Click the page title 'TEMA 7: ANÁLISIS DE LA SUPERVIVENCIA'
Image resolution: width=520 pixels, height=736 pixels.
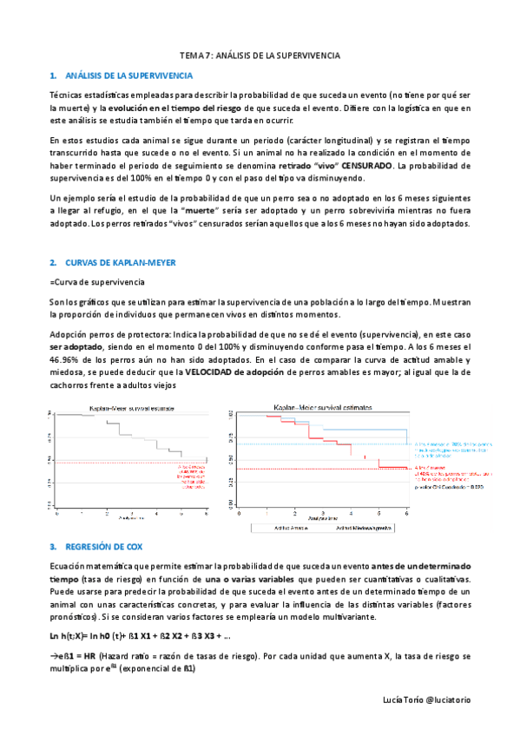[x=260, y=55]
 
